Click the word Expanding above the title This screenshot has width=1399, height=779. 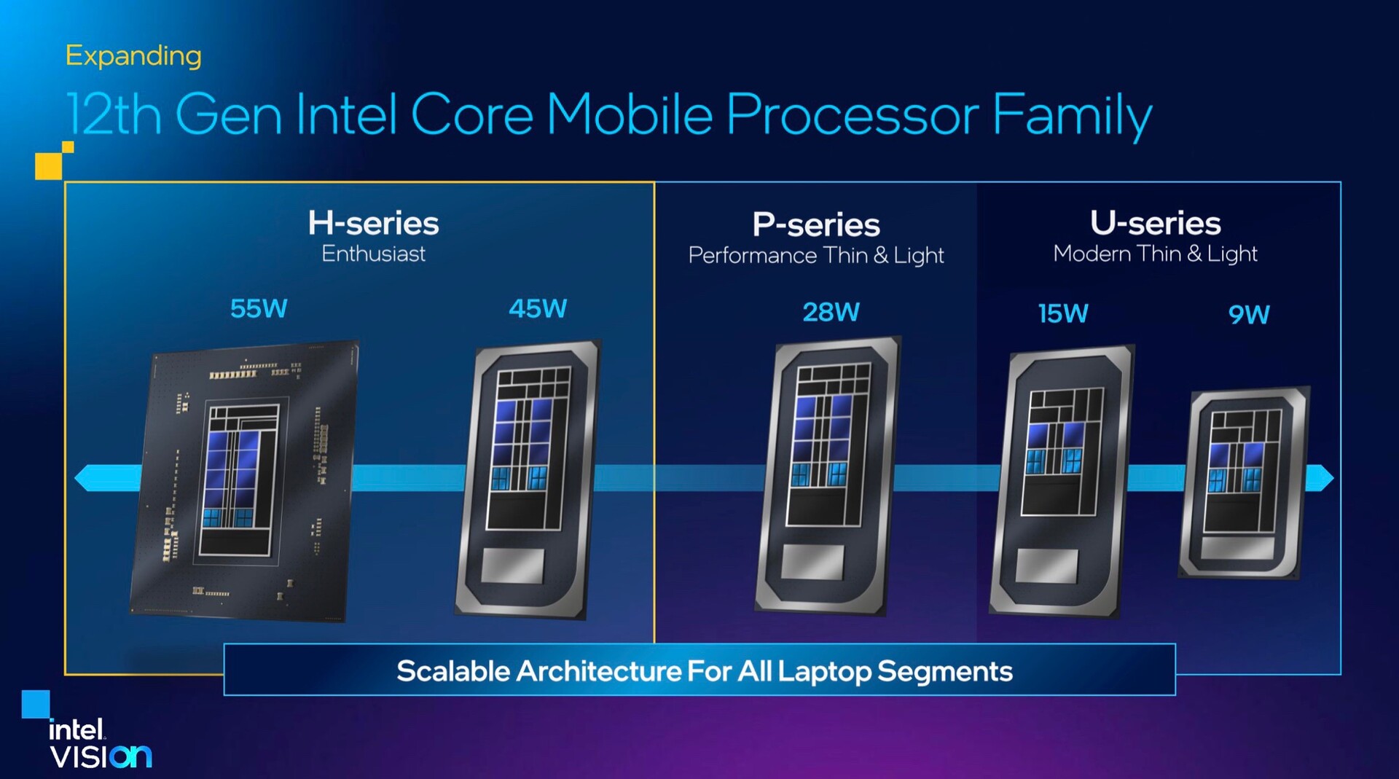pyautogui.click(x=133, y=56)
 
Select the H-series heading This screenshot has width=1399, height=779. pyautogui.click(x=373, y=223)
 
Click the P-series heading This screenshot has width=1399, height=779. pyautogui.click(x=816, y=224)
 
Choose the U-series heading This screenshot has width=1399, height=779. pyautogui.click(x=1156, y=223)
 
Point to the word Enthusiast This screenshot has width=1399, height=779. pyautogui.click(x=373, y=254)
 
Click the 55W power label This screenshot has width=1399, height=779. pyautogui.click(x=259, y=308)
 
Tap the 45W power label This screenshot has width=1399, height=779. pyautogui.click(x=538, y=308)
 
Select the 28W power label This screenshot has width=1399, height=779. pyautogui.click(x=831, y=312)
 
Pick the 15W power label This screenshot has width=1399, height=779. pyautogui.click(x=1063, y=313)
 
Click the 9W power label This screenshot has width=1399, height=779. pyautogui.click(x=1249, y=315)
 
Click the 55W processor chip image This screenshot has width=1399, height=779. pyautogui.click(x=245, y=481)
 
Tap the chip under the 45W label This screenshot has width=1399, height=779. pyautogui.click(x=528, y=479)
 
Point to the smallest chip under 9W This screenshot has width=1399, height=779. pyautogui.click(x=1245, y=483)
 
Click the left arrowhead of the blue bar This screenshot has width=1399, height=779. pyautogui.click(x=82, y=478)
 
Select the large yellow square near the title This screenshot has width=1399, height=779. pyautogui.click(x=48, y=166)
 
